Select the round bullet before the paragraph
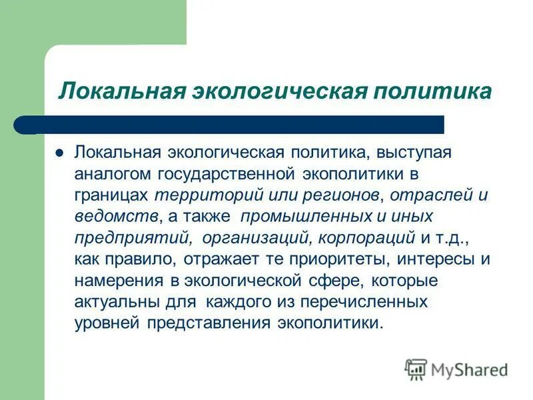click(59, 152)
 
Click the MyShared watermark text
click(469, 369)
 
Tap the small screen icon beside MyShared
click(416, 369)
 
